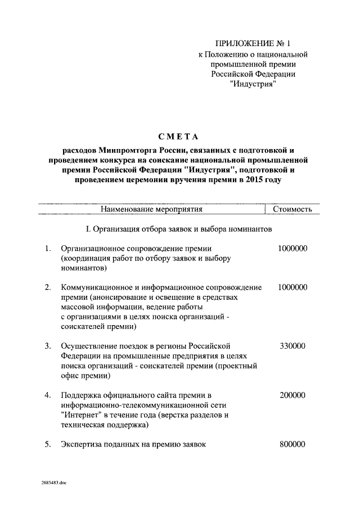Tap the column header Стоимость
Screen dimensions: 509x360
coord(292,210)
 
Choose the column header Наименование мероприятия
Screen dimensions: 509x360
coord(151,210)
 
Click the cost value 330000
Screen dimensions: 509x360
coord(292,345)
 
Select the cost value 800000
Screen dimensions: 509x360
coord(292,444)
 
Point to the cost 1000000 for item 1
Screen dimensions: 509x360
coord(292,248)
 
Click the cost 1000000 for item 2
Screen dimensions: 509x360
coord(292,287)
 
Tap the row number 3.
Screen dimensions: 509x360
coord(48,345)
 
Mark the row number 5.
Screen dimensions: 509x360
coord(48,444)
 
